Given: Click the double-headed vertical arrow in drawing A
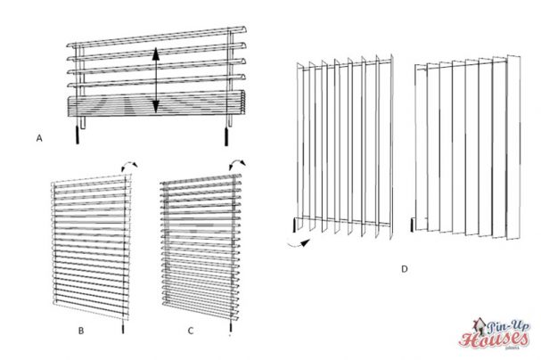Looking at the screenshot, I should pos(156,80).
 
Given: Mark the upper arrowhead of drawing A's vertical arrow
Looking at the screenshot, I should pos(156,53).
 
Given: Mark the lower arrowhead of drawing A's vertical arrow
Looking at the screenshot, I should pos(156,109).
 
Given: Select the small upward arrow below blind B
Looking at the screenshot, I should pos(122,330).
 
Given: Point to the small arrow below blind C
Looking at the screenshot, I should pos(231,333).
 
